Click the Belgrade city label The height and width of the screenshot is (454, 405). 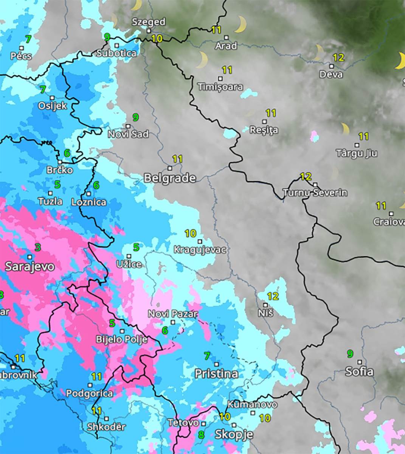tap(170, 178)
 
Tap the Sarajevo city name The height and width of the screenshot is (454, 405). tap(29, 266)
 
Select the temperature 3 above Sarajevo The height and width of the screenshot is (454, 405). tap(37, 248)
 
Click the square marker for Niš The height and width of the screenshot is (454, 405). tap(265, 305)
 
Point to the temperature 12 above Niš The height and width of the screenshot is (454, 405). tap(273, 296)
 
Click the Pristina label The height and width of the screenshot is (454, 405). tap(216, 374)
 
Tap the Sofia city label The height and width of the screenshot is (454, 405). tap(359, 372)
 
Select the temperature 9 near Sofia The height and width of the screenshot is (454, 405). tap(350, 354)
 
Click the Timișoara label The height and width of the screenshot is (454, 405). tap(220, 87)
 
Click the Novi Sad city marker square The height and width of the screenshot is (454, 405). tap(128, 126)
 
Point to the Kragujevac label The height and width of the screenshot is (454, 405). tap(200, 250)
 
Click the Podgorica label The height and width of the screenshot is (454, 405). tap(89, 393)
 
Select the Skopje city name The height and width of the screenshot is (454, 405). tap(234, 435)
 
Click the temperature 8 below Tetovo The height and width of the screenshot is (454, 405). tap(201, 435)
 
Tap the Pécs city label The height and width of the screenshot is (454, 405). tap(21, 56)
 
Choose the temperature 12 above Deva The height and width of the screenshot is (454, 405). tap(338, 58)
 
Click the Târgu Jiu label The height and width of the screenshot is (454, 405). tap(356, 153)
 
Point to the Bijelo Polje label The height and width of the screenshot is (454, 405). tap(121, 339)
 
